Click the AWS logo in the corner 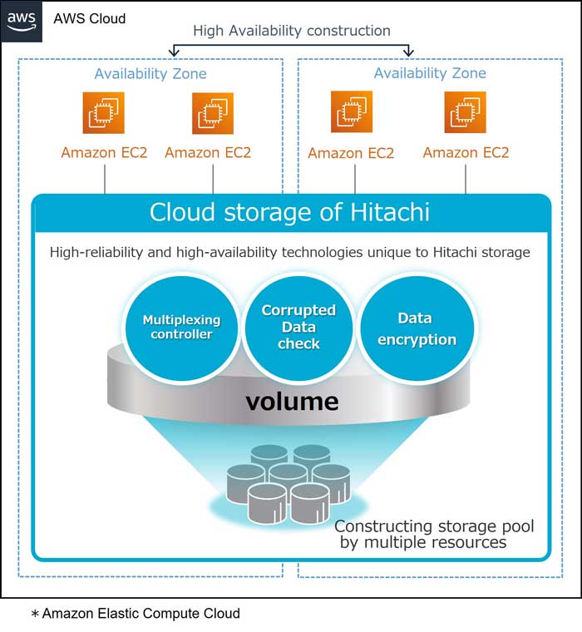point(22,21)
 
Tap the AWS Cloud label point(90,18)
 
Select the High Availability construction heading point(292,31)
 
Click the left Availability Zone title point(150,74)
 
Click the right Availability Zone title point(430,73)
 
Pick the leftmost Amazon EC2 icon point(104,113)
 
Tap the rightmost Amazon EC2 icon point(465,112)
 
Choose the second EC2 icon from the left point(213,113)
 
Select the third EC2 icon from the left point(352,111)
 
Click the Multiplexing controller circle point(181,328)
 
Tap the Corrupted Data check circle point(298,328)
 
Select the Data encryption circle point(417,328)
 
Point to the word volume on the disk point(292,402)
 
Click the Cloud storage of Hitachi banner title point(289,212)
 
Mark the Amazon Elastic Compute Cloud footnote point(136,614)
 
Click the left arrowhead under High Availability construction point(174,52)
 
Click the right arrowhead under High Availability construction point(409,52)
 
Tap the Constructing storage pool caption point(434,535)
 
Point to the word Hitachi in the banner point(390,212)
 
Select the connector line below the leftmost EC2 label point(105,180)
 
